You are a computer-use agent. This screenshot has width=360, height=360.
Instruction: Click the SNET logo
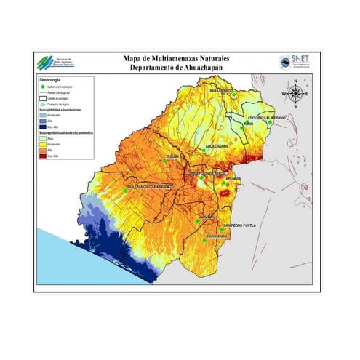(298, 63)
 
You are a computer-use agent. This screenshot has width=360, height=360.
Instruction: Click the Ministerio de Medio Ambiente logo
(49, 63)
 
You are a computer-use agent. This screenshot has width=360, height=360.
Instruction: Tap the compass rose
(295, 93)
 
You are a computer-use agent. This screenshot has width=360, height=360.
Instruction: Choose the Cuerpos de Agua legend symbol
(42, 104)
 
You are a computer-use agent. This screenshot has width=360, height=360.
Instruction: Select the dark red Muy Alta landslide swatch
(42, 156)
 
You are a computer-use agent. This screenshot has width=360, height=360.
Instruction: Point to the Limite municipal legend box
(42, 98)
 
